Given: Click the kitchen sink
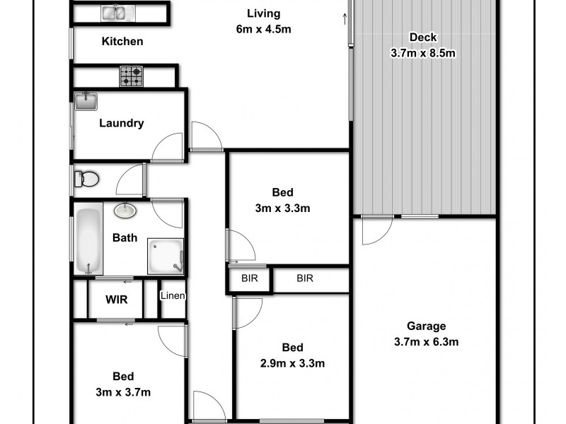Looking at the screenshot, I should pos(113,12).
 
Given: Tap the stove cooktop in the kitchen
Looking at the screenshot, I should pos(131,76).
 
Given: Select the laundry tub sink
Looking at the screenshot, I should pos(86,102).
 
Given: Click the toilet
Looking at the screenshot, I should pos(86,179).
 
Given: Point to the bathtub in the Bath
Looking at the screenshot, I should pos(88,240).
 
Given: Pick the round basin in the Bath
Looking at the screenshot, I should pos(126,211).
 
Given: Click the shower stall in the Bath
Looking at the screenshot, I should pos(166,255).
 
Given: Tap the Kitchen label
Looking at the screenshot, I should pos(122,42).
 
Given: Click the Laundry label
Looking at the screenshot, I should pos(121,123).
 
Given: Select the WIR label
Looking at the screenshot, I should pos(117,300).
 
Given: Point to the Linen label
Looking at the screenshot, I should pos(173,295).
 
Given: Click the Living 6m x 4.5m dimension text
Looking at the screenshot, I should pos(263,30).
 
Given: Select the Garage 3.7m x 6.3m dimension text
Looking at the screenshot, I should pos(427,343).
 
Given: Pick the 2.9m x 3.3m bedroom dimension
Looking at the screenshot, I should pos(292,364).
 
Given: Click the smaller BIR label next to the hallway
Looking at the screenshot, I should pos(249,278).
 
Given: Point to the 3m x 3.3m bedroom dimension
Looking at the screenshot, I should pos(283,208).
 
